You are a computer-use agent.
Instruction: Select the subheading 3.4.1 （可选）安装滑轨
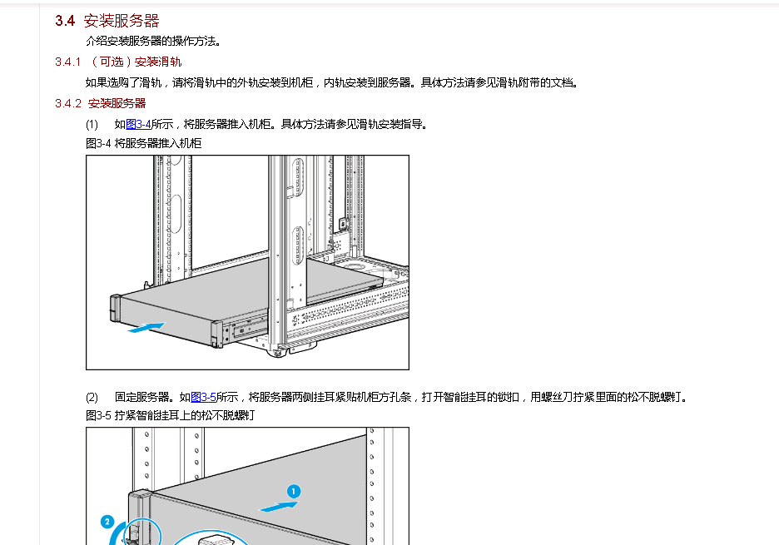[118, 62]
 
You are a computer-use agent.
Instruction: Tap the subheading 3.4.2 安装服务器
[101, 103]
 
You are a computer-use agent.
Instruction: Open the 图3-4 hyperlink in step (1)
[138, 125]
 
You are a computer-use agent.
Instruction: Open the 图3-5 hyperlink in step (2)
[203, 398]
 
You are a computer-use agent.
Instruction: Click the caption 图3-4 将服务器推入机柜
[143, 143]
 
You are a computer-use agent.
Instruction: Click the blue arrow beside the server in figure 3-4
[147, 328]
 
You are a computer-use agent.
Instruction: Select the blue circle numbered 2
[107, 522]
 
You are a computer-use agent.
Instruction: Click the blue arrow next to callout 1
[278, 505]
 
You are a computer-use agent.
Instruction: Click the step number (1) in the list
[92, 125]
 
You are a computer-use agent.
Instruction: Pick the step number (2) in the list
[92, 398]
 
